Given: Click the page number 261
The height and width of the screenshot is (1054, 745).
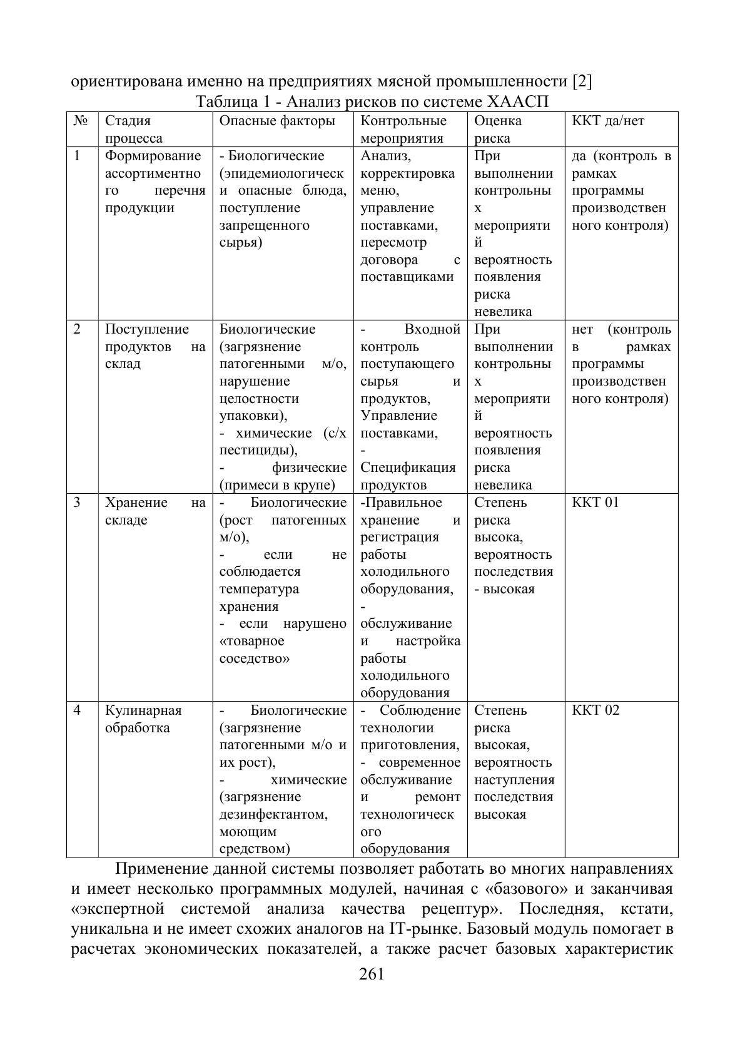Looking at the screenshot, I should (372, 974).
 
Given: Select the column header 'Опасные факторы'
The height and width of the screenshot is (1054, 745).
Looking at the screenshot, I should (277, 121).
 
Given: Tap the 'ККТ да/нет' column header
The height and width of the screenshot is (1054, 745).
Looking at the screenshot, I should (607, 121).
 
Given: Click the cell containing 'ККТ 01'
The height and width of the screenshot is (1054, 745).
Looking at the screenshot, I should (595, 503).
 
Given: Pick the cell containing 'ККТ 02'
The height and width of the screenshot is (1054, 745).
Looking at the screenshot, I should (595, 710).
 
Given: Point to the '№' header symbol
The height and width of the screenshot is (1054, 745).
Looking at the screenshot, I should (79, 121).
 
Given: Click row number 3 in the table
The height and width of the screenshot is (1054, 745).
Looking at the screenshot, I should (77, 503).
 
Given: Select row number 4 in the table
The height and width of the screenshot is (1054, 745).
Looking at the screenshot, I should (77, 710).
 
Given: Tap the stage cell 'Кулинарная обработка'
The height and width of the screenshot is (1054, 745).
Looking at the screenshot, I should (143, 719).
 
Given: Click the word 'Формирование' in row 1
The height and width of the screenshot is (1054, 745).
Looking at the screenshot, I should (153, 156).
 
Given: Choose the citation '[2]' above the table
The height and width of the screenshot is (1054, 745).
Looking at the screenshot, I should (582, 82).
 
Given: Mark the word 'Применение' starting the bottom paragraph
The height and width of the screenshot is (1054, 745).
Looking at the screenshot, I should (163, 869).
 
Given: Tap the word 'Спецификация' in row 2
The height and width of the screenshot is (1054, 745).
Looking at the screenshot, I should (408, 468).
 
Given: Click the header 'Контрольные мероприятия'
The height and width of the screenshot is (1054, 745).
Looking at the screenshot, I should (403, 130).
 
